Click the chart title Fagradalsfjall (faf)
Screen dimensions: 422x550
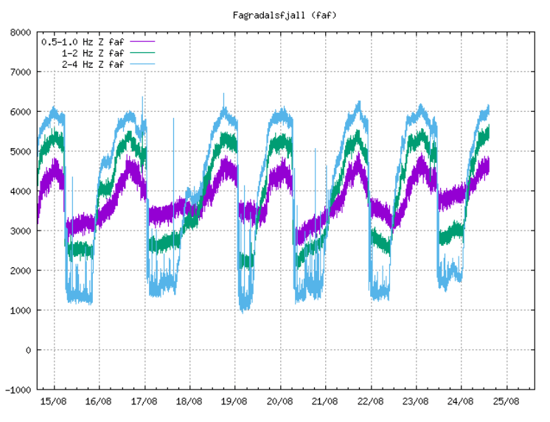276,14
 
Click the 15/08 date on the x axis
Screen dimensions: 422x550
54,401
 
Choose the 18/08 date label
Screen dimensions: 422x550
189,401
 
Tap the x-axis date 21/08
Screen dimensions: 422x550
325,401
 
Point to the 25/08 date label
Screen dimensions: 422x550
507,401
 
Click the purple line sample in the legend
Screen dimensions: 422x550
141,42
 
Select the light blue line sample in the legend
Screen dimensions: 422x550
141,64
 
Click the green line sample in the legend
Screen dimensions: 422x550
141,53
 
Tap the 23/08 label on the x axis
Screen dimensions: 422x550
416,401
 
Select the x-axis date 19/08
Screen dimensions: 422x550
234,401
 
